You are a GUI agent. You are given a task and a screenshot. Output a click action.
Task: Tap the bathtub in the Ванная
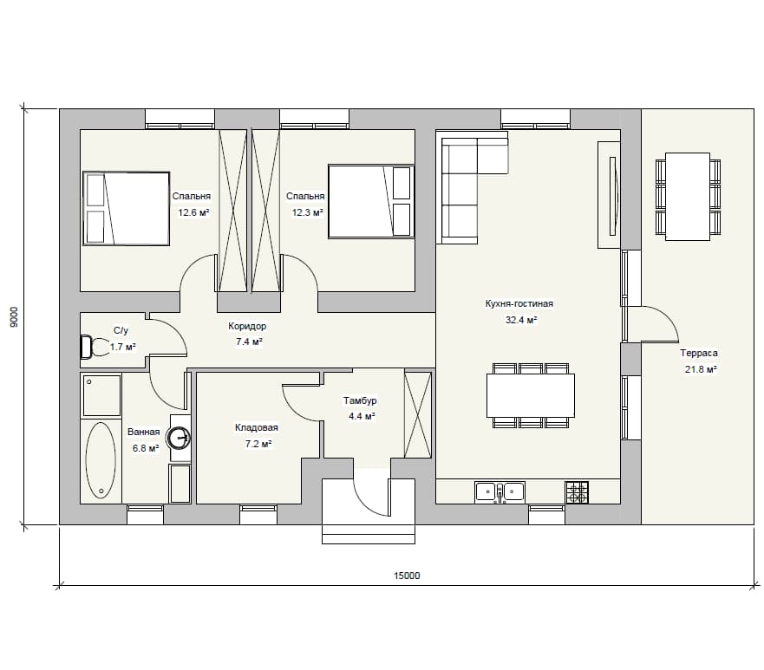click(101, 460)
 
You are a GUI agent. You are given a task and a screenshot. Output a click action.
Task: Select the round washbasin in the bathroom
click(179, 437)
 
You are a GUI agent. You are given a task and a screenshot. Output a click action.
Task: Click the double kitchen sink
click(500, 491)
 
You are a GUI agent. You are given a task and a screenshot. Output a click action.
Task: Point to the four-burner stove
click(577, 491)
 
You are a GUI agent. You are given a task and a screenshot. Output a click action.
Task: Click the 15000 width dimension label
click(407, 576)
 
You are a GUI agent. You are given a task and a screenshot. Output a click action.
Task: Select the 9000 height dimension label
click(14, 316)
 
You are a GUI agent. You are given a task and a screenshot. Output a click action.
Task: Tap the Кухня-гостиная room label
click(519, 304)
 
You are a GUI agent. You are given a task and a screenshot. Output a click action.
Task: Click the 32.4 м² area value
click(521, 320)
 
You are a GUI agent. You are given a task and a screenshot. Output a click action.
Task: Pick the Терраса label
click(699, 353)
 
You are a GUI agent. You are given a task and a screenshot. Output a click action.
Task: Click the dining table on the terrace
click(688, 196)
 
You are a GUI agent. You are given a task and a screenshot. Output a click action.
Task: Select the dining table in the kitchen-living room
click(530, 395)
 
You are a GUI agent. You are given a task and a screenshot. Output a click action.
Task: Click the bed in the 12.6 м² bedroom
click(127, 208)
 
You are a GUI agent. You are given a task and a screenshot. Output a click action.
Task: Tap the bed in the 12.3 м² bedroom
click(371, 202)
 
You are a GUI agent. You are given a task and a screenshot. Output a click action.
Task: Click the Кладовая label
click(257, 427)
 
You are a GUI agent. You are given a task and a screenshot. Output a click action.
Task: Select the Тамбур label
click(360, 400)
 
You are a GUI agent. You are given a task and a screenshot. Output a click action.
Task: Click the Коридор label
click(247, 326)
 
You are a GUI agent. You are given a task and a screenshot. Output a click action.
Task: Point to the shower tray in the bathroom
click(101, 395)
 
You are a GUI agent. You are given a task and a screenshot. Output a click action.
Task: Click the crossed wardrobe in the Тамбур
click(418, 415)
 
